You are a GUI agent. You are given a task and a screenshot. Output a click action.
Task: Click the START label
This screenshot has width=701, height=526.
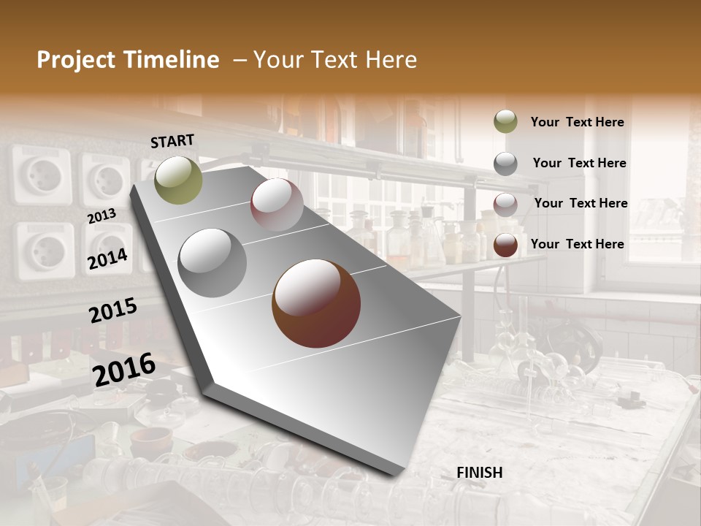[x=172, y=141]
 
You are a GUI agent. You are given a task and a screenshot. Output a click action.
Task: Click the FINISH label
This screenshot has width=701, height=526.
[x=480, y=473]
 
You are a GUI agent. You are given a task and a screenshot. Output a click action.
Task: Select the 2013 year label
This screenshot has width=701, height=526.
[x=101, y=216]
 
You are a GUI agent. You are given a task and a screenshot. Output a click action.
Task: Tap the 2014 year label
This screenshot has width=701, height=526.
[x=107, y=259]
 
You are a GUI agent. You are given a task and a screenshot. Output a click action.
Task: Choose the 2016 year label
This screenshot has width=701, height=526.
[x=124, y=370]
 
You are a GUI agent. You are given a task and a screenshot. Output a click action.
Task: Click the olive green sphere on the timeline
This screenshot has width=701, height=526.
[x=178, y=180]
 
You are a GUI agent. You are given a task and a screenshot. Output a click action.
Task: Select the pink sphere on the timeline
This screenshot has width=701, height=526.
[x=277, y=205]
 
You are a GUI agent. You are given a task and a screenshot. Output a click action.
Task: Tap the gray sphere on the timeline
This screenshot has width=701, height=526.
[x=212, y=262]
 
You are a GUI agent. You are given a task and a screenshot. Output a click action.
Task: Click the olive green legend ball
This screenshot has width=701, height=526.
[x=505, y=121]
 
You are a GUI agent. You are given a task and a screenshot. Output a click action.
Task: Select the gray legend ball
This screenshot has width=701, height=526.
[x=505, y=163]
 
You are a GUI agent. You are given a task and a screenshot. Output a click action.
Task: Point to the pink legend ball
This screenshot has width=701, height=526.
[x=505, y=204]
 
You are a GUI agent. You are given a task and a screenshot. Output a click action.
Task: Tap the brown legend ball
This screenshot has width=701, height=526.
[x=505, y=245]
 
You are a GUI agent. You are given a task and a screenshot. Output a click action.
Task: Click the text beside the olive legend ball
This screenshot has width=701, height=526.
[x=577, y=122]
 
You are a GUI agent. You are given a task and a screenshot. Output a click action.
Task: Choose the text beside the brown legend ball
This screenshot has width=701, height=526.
[x=577, y=244]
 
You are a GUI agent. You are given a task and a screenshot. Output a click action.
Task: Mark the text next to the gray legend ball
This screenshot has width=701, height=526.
[x=579, y=163]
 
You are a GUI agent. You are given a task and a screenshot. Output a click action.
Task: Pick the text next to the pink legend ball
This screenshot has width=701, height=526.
[x=581, y=203]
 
